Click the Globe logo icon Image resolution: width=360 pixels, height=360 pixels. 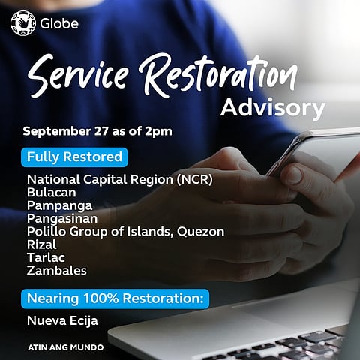pyautogui.click(x=22, y=22)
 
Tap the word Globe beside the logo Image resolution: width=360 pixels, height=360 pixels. pyautogui.click(x=58, y=23)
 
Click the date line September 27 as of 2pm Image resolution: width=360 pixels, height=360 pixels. pyautogui.click(x=97, y=131)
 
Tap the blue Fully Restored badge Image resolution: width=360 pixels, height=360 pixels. pyautogui.click(x=74, y=157)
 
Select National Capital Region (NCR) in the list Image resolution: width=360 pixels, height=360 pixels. pyautogui.click(x=120, y=180)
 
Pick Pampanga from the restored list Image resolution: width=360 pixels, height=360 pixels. pyautogui.click(x=59, y=205)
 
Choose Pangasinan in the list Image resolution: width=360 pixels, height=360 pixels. pyautogui.click(x=63, y=218)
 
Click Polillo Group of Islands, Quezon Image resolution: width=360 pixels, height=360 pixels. pyautogui.click(x=125, y=231)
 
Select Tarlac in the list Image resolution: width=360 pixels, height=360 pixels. pyautogui.click(x=45, y=257)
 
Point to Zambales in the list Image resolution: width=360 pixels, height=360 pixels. pyautogui.click(x=56, y=270)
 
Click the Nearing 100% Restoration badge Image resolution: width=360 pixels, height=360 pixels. pyautogui.click(x=115, y=298)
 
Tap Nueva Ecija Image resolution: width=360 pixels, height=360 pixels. pyautogui.click(x=62, y=321)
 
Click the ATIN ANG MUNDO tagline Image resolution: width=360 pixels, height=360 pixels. pyautogui.click(x=65, y=348)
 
